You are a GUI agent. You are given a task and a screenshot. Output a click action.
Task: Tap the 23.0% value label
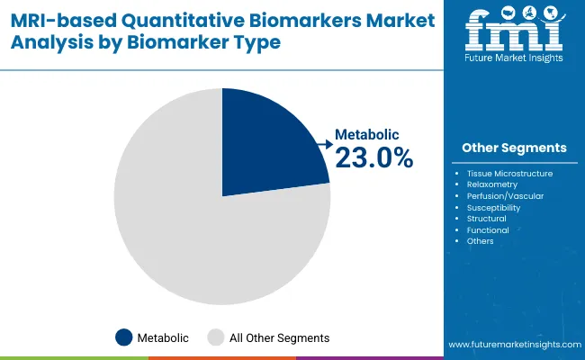tap(373, 158)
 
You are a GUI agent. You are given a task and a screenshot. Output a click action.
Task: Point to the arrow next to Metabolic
tap(325, 141)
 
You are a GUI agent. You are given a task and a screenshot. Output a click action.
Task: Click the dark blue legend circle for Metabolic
tap(124, 337)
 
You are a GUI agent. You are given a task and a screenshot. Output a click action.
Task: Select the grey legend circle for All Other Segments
tap(216, 337)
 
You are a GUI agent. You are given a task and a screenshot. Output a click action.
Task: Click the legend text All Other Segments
tap(279, 338)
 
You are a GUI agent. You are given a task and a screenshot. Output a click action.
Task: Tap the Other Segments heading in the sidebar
tap(514, 148)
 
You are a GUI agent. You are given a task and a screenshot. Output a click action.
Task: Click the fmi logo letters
tap(514, 31)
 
